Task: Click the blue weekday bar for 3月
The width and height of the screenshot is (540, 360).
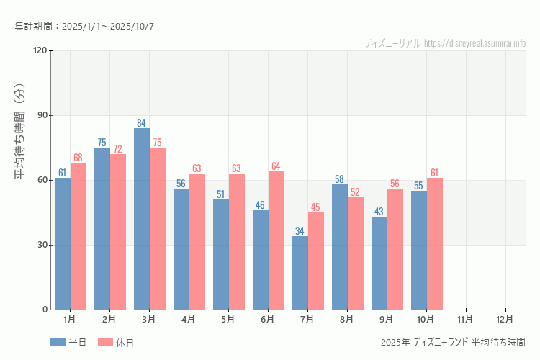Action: [142, 219]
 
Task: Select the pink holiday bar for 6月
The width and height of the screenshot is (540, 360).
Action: [276, 240]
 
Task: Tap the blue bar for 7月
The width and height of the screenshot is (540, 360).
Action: [300, 273]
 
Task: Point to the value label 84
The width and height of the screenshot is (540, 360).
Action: [142, 123]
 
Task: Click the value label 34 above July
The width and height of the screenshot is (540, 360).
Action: [300, 231]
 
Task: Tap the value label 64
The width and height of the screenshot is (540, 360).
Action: [276, 166]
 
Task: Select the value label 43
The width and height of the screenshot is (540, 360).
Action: [379, 212]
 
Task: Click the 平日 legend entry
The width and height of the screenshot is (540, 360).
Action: [69, 343]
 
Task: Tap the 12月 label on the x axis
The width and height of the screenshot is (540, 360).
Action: [505, 318]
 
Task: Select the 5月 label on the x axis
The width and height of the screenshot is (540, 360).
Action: [228, 318]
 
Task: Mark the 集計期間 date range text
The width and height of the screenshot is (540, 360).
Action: [84, 27]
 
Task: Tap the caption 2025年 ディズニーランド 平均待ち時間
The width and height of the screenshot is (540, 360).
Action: [453, 342]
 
